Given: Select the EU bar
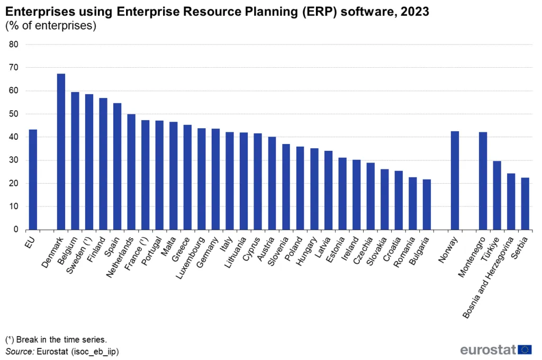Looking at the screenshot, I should [33, 179].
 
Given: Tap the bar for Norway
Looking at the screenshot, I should [455, 181].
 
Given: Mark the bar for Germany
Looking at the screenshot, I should [215, 179].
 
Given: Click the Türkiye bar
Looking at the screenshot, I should [496, 195].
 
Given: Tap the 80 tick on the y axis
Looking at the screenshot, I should [14, 44].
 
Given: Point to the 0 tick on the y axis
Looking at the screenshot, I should [16, 230].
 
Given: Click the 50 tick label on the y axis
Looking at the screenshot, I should [14, 114].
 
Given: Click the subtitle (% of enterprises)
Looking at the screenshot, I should [50, 26].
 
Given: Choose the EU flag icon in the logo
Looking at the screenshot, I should [525, 349].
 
